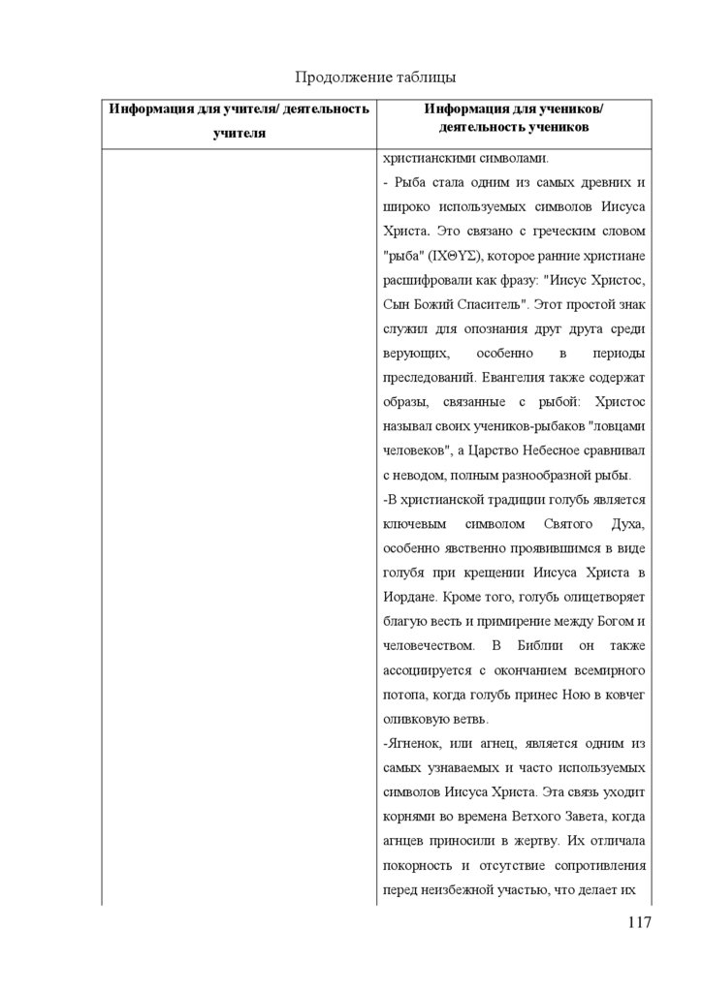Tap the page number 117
point(639,921)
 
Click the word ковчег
point(623,695)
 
